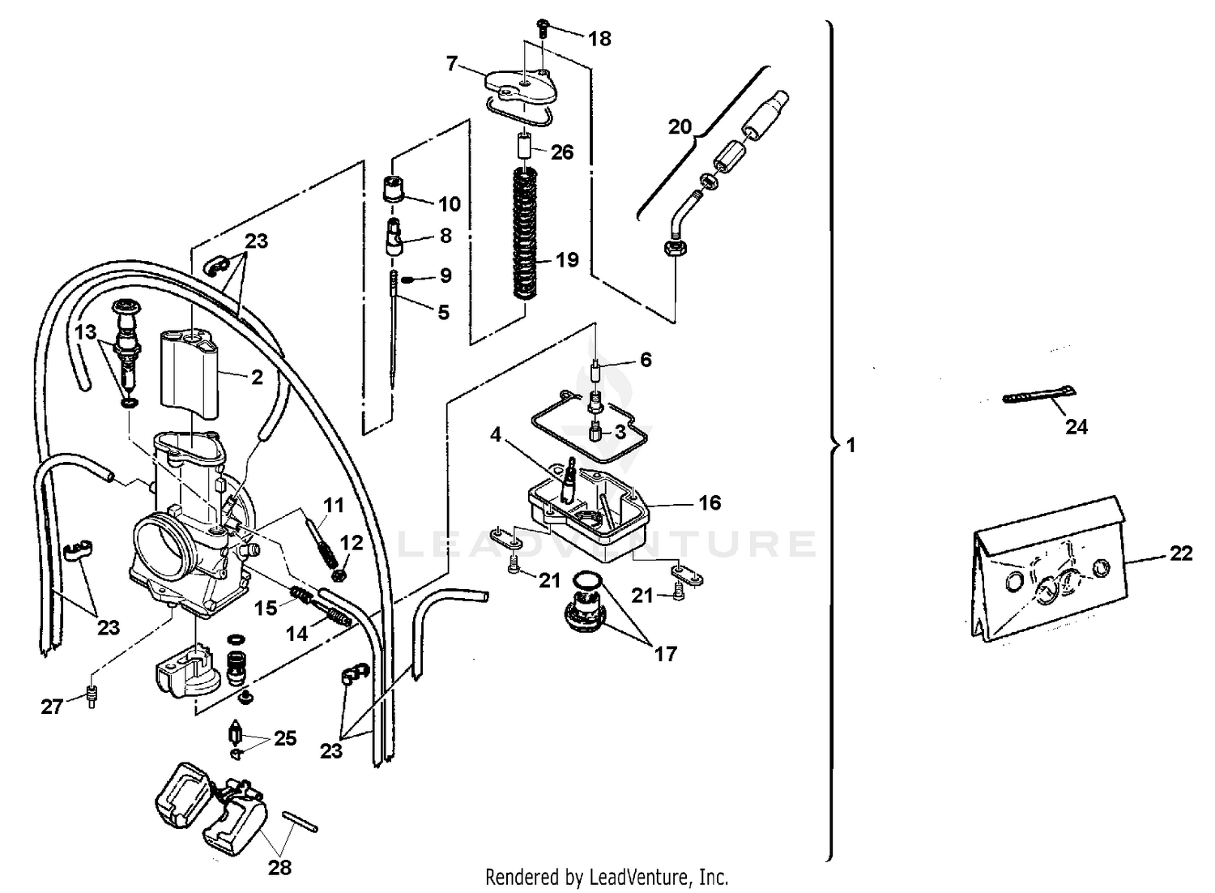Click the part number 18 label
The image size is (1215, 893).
[599, 39]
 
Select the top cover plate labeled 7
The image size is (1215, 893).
[518, 86]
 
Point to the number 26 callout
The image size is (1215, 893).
[561, 152]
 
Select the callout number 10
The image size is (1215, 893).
[449, 203]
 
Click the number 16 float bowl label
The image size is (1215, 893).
[709, 503]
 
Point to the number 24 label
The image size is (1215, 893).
[1076, 427]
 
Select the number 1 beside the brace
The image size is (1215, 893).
[850, 446]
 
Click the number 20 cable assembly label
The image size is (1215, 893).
[680, 126]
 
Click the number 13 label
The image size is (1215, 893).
[85, 332]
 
